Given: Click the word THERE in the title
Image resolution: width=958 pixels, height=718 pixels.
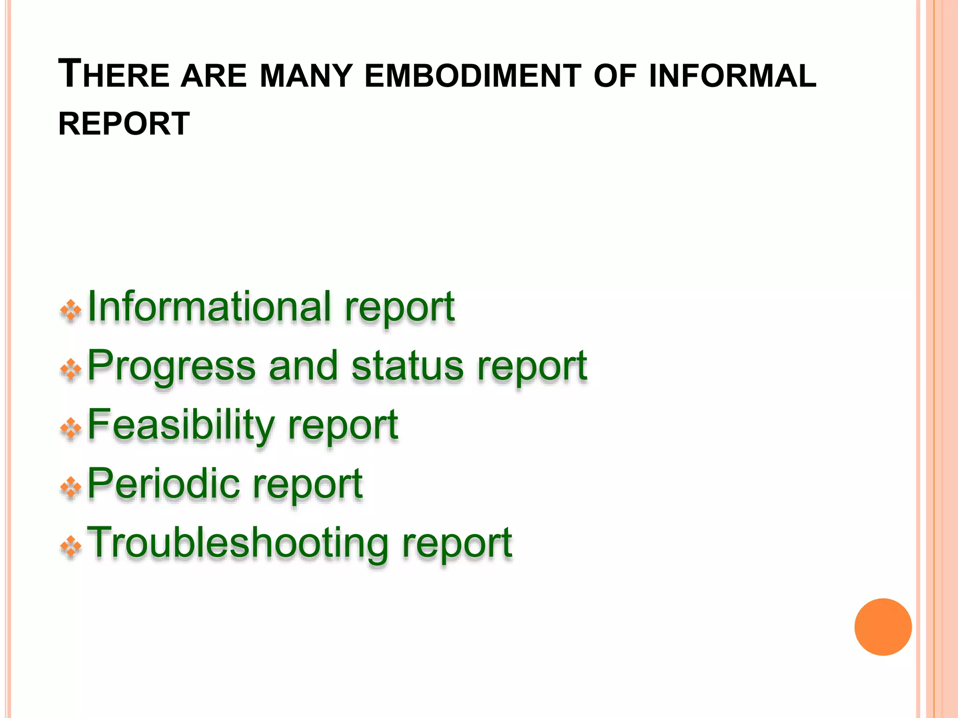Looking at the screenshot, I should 113,75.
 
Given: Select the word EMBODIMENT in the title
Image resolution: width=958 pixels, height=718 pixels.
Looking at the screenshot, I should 472,76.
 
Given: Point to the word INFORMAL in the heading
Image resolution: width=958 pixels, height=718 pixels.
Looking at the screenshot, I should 733,76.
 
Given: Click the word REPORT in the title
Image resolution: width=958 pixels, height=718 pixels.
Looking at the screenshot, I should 124,124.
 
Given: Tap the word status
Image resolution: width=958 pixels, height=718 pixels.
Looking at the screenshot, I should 407,366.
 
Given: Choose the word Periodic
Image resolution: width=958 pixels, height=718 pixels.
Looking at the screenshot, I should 163,484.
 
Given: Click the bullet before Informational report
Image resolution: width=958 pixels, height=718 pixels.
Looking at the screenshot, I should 71,310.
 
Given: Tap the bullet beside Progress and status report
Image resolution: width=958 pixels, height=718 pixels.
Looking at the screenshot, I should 71,369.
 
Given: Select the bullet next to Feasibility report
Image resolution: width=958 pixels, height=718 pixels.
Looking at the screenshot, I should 71,428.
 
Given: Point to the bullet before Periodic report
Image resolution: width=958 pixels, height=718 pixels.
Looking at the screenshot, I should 71,487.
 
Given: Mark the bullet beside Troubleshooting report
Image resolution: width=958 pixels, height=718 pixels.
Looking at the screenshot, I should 71,546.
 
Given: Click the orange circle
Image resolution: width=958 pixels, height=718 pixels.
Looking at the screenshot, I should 883,627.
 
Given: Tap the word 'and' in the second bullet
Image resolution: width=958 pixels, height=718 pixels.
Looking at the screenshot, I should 303,366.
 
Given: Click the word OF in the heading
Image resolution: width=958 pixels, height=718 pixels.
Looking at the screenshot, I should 615,76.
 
